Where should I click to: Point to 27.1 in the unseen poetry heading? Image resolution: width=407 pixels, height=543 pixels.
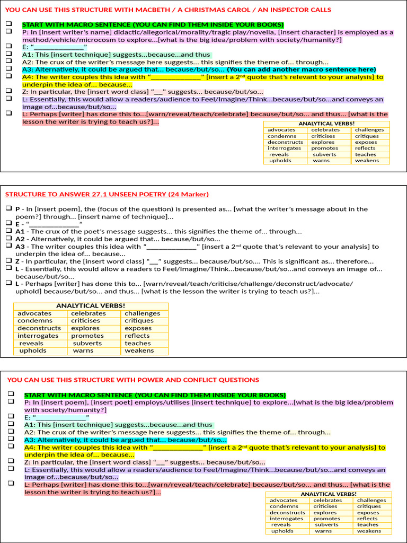92,194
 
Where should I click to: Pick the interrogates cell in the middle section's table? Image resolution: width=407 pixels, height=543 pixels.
38,336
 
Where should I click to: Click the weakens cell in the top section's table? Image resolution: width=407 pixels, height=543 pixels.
367,161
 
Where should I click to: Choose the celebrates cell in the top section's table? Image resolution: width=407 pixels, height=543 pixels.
325,130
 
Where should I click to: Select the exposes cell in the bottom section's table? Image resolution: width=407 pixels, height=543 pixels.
368,513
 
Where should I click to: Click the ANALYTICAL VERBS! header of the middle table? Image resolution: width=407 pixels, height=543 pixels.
91,305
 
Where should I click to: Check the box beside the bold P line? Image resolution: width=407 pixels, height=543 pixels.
9,208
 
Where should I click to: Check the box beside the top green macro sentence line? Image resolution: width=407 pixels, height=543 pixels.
9,24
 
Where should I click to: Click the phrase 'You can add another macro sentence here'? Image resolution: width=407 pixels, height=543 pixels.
301,69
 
